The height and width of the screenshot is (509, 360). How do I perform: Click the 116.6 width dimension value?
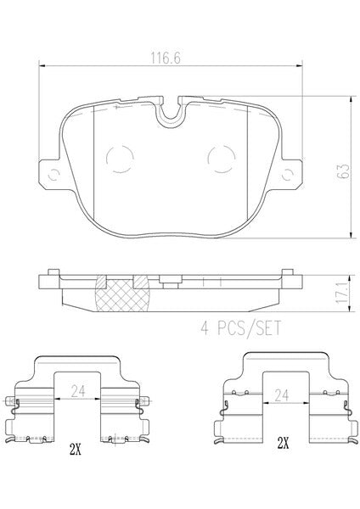[165, 59]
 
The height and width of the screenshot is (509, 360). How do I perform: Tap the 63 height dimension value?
[343, 171]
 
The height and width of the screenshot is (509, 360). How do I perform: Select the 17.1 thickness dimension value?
[341, 293]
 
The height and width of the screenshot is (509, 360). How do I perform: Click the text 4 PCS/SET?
[241, 327]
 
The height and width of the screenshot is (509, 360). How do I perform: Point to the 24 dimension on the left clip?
[78, 391]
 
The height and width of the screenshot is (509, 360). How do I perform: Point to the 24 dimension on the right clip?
[281, 395]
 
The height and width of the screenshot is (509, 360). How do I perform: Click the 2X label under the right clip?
[283, 443]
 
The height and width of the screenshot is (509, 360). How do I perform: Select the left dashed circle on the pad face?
[120, 159]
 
